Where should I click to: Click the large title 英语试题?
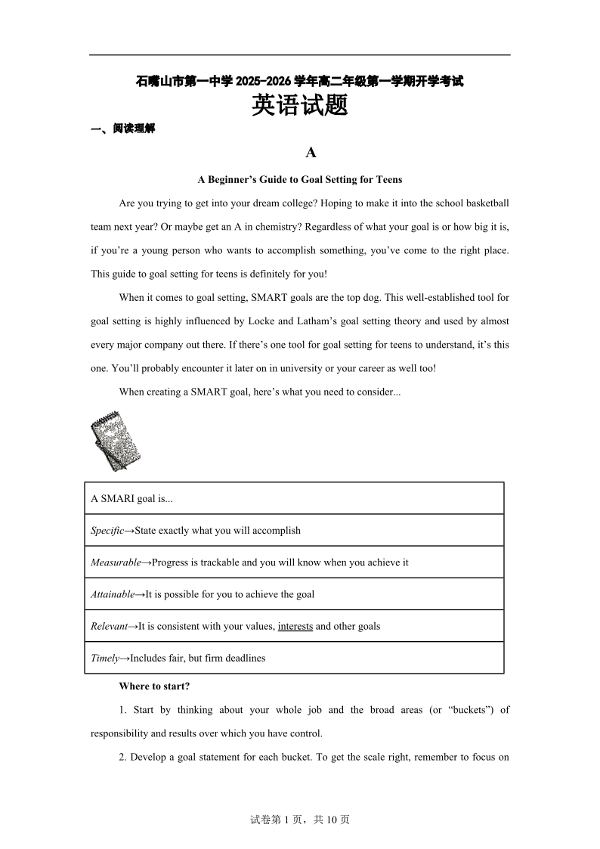(x=299, y=106)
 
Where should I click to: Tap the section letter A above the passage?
(x=311, y=153)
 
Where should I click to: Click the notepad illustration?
(x=116, y=441)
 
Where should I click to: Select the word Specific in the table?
(x=107, y=531)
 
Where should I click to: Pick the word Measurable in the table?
(x=116, y=562)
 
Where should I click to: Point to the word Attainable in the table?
(x=113, y=594)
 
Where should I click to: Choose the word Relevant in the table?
(x=109, y=626)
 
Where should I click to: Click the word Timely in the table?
(x=105, y=658)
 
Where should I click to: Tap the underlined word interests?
(x=295, y=626)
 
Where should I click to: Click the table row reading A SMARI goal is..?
(x=132, y=499)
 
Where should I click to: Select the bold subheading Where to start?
(x=154, y=686)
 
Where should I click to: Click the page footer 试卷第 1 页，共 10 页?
(x=299, y=820)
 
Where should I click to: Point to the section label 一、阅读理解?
(x=122, y=129)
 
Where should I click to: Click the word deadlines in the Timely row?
(x=241, y=658)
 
